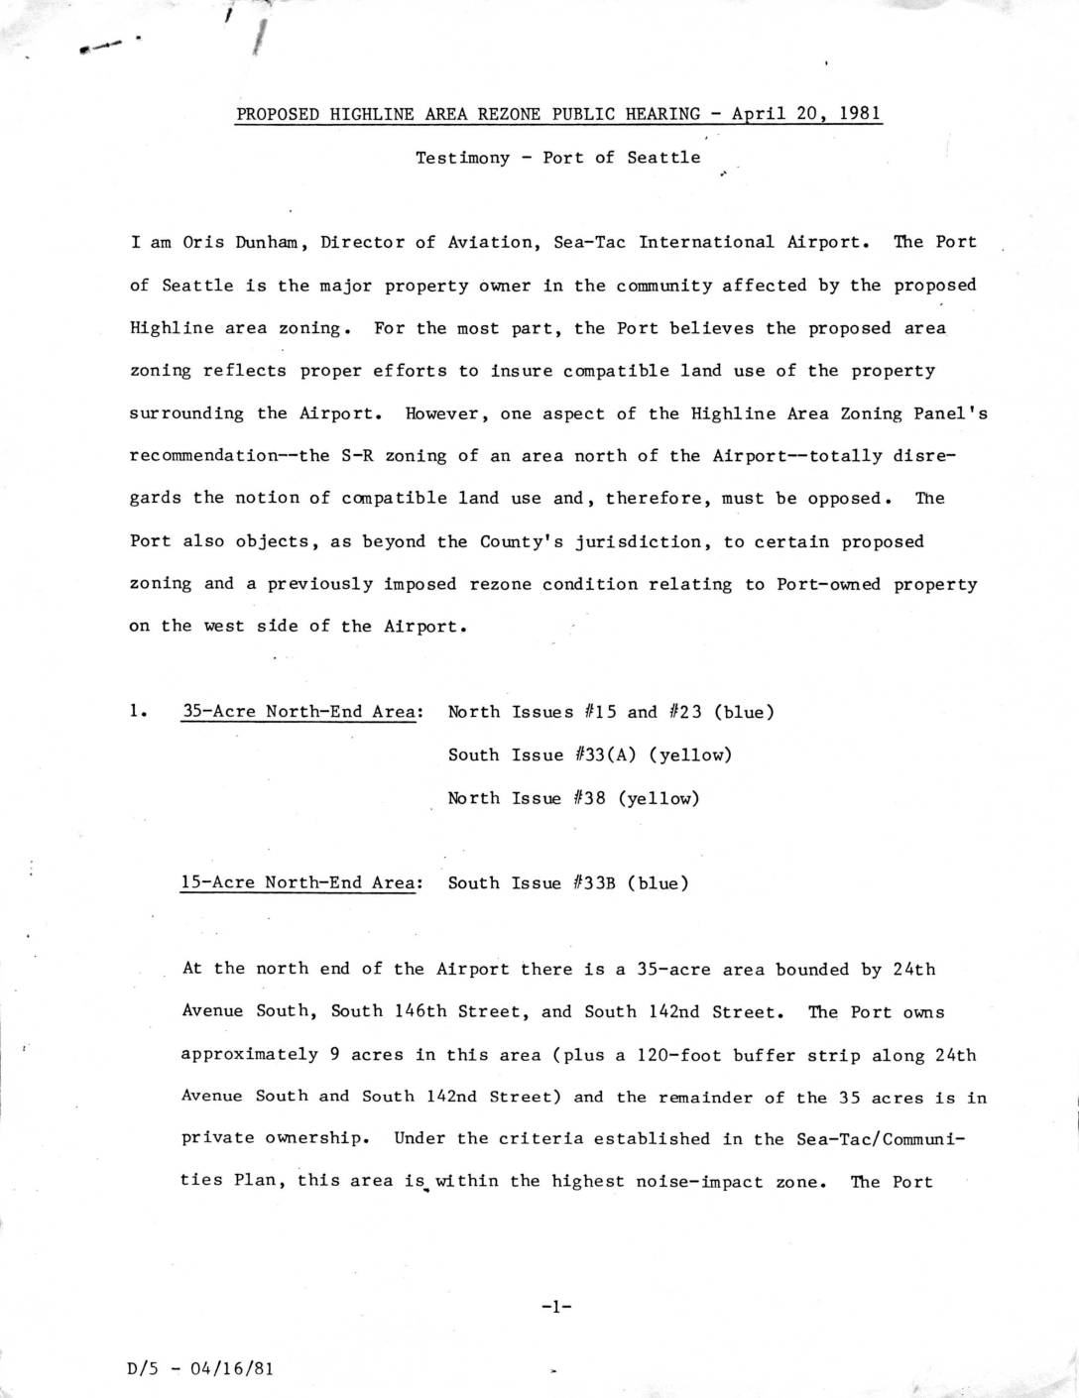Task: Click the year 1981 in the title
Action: pyautogui.click(x=860, y=113)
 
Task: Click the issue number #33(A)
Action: pyautogui.click(x=607, y=755)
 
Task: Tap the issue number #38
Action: pyautogui.click(x=591, y=797)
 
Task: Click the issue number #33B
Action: pyautogui.click(x=596, y=882)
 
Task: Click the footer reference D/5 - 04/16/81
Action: pyautogui.click(x=201, y=1368)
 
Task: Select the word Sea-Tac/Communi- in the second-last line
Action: pyautogui.click(x=880, y=1139)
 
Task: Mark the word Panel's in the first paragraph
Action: pyautogui.click(x=954, y=413)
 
